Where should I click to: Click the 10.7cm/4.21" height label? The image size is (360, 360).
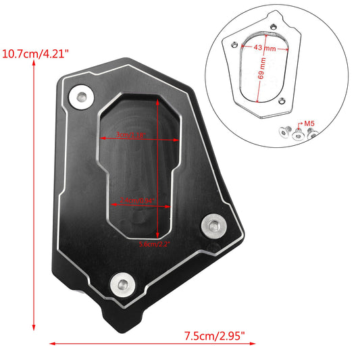pyautogui.click(x=37, y=52)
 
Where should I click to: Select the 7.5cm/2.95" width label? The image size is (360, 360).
pyautogui.click(x=214, y=334)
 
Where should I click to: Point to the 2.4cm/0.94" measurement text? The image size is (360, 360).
pyautogui.click(x=137, y=200)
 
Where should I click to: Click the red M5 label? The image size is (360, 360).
pyautogui.click(x=310, y=124)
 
